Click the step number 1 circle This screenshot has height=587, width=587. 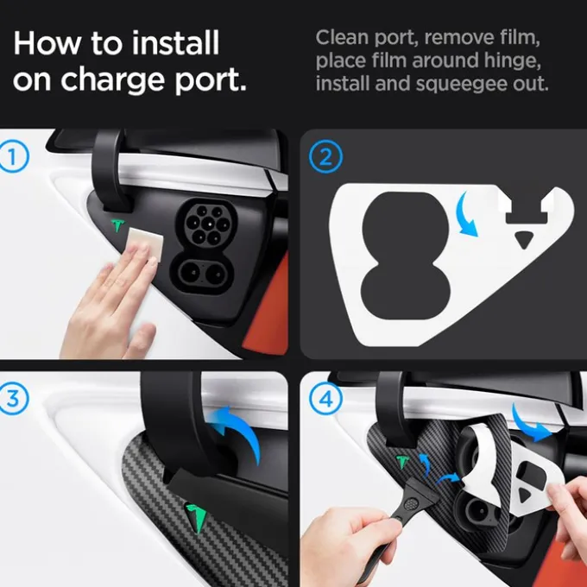click(x=14, y=156)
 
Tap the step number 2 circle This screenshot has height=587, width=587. click(x=325, y=156)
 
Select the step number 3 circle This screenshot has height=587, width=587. click(x=14, y=398)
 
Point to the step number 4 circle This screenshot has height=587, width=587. click(x=325, y=399)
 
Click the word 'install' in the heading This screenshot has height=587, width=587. click(x=175, y=43)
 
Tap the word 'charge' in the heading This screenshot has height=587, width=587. click(x=112, y=79)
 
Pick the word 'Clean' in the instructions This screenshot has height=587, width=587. click(x=342, y=37)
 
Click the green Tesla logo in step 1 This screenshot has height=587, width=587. click(x=117, y=226)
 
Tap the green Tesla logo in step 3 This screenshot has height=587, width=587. click(x=197, y=516)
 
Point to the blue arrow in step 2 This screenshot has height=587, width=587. click(x=465, y=215)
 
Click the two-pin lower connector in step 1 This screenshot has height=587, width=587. click(x=203, y=274)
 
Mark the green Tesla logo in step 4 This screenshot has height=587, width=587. click(x=402, y=462)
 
